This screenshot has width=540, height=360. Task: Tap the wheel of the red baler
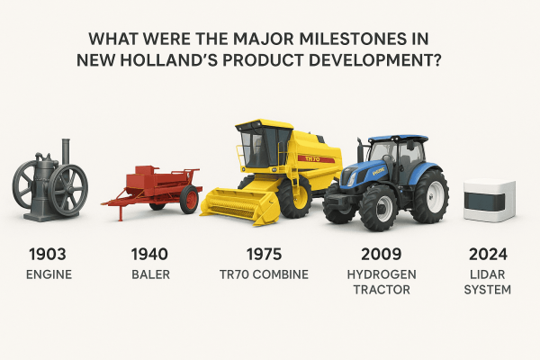coord(189,199)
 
